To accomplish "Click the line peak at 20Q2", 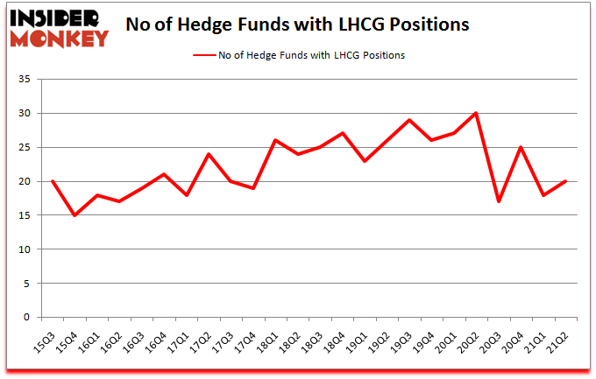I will pyautogui.click(x=477, y=114).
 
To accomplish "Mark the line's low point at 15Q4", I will pyautogui.click(x=74, y=215).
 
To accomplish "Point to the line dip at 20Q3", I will pyautogui.click(x=499, y=202).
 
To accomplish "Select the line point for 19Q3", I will pyautogui.click(x=409, y=120).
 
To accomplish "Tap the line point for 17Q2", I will pyautogui.click(x=209, y=154).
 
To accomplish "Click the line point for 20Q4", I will pyautogui.click(x=521, y=147).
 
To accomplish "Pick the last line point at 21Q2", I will pyautogui.click(x=566, y=181).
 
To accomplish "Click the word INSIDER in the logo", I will pyautogui.click(x=58, y=18).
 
